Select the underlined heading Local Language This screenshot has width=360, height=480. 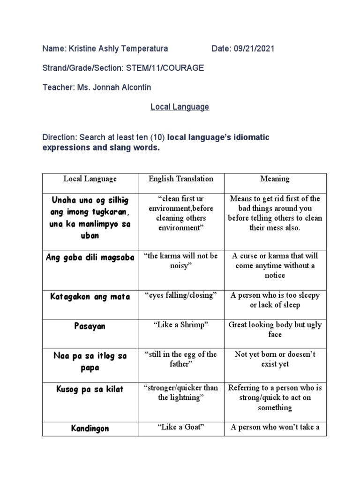coord(180,107)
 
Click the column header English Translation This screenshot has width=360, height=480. coord(180,179)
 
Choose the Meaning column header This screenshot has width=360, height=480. coord(275,179)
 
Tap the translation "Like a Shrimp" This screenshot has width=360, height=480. coord(180,325)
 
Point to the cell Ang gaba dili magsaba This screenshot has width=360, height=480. coord(89,257)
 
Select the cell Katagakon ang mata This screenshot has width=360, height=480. coord(89,296)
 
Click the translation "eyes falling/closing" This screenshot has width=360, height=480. coord(180,295)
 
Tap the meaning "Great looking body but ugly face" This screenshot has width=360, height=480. coord(275,330)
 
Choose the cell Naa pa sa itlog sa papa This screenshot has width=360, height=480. coord(89,362)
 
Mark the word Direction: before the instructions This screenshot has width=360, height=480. coord(60,138)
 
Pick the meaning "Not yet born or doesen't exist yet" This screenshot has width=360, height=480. coord(275,359)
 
